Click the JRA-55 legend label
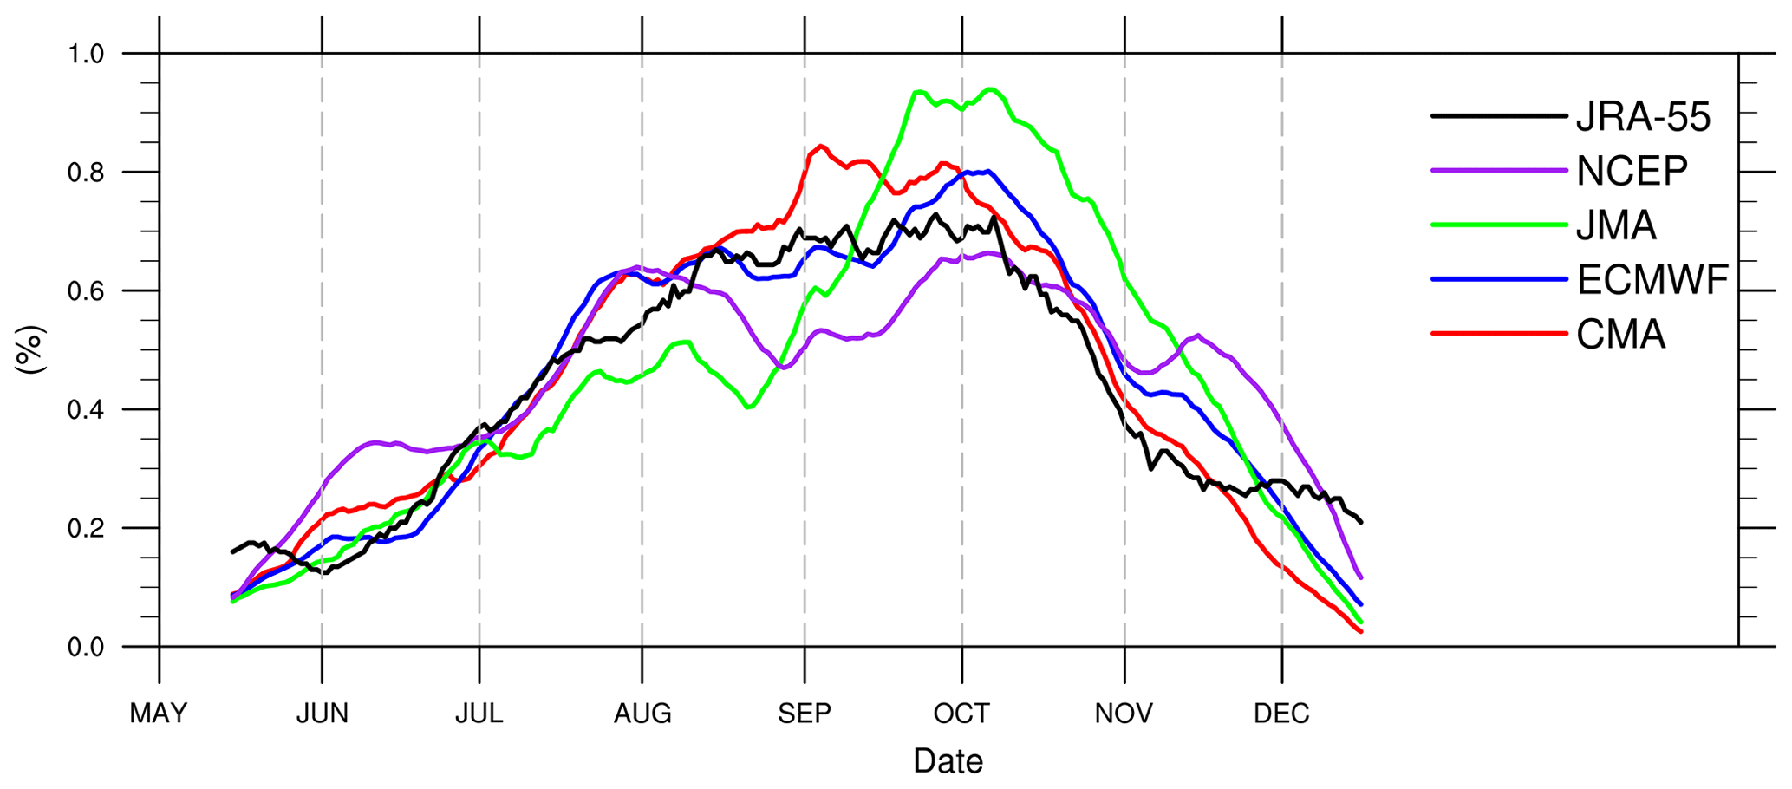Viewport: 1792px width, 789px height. click(1643, 117)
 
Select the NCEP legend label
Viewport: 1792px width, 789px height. click(1632, 172)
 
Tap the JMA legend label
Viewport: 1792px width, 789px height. click(1616, 225)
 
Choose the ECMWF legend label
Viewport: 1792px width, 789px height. click(1652, 280)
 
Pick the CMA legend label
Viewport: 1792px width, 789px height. click(1620, 335)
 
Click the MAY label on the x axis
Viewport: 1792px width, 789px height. click(159, 714)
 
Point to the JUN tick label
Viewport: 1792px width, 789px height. click(322, 714)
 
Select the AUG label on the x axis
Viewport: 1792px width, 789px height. click(642, 714)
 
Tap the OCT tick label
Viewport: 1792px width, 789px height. click(961, 714)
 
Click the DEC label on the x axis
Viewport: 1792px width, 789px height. click(1281, 714)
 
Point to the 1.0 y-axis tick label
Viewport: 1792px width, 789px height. click(86, 54)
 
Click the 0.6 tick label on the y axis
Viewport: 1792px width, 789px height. click(86, 291)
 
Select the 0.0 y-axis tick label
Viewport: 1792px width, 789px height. click(86, 647)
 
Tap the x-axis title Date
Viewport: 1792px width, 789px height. click(948, 761)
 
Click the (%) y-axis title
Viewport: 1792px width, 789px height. click(31, 349)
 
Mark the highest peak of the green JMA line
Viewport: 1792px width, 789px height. click(990, 88)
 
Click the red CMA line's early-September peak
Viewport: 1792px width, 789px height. click(820, 146)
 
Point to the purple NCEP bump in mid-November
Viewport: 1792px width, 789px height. click(1197, 335)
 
